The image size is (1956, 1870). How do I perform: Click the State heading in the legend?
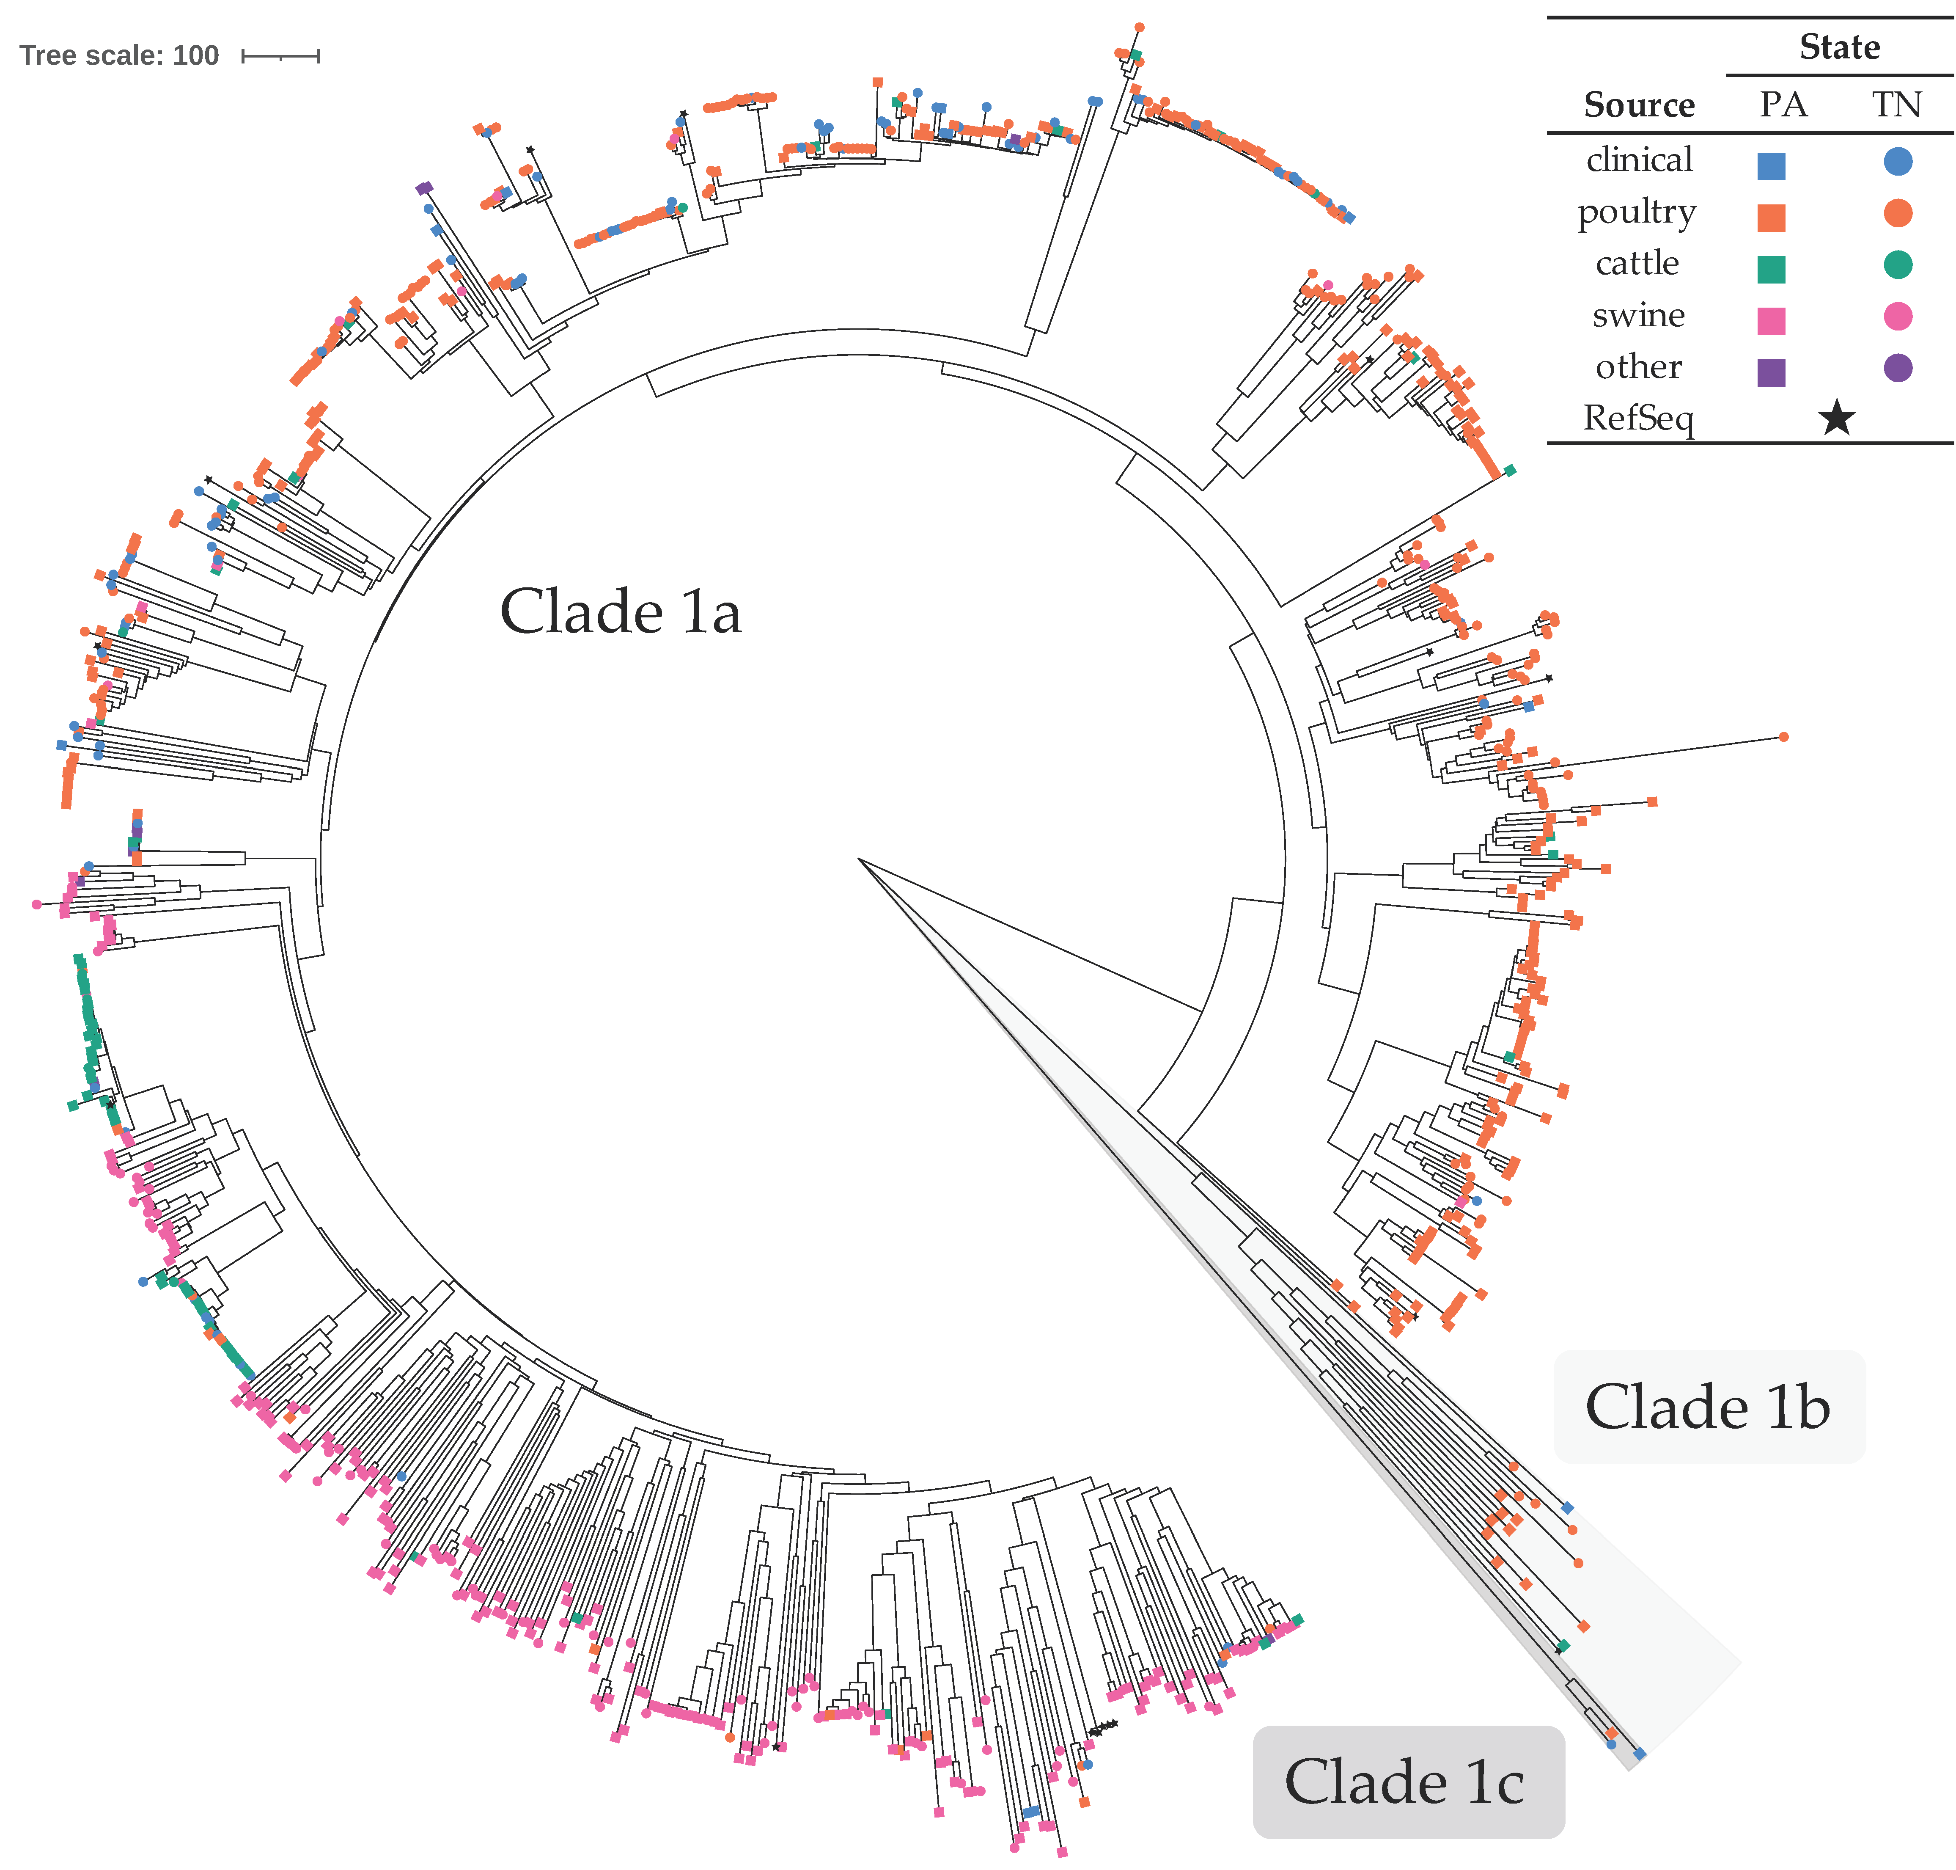point(1838,47)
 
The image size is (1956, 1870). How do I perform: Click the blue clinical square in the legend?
point(1771,165)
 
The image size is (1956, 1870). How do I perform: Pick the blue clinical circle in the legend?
point(1897,162)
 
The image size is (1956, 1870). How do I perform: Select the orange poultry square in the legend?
point(1771,218)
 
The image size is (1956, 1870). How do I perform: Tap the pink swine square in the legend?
point(1771,320)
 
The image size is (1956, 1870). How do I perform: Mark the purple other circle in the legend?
point(1897,368)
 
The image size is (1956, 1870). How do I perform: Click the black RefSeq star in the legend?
point(1835,419)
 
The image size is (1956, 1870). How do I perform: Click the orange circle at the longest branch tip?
point(1783,737)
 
